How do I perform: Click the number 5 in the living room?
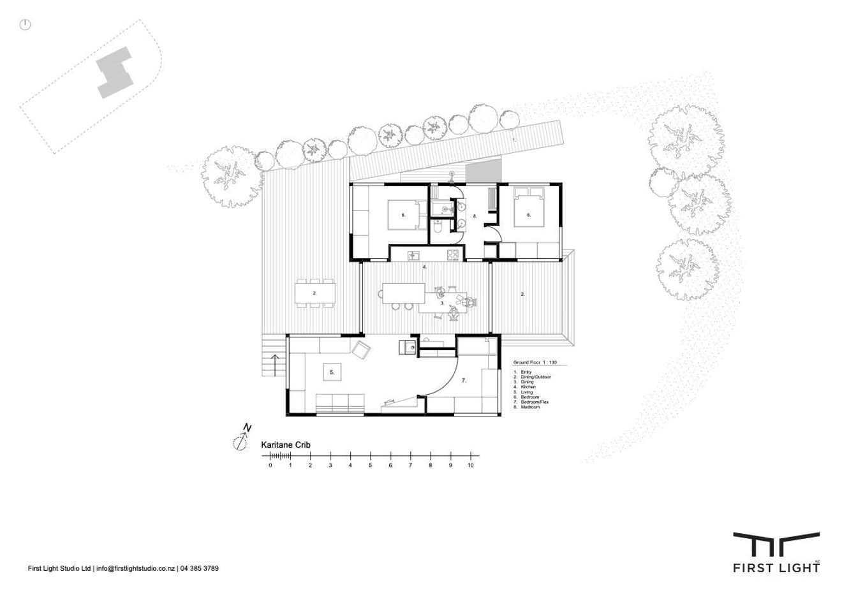click(332, 371)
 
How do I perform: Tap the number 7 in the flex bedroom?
click(464, 381)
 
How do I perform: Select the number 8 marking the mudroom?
click(475, 216)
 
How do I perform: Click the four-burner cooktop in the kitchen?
click(453, 255)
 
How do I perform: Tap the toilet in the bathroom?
click(438, 227)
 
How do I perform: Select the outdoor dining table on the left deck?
click(315, 293)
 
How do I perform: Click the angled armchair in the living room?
click(361, 349)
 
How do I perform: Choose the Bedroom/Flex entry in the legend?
click(535, 402)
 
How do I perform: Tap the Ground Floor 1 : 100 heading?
click(535, 362)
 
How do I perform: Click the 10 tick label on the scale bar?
click(470, 466)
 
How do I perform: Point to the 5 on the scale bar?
click(370, 466)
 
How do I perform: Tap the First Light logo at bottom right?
click(776, 553)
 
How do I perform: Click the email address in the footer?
click(135, 568)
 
